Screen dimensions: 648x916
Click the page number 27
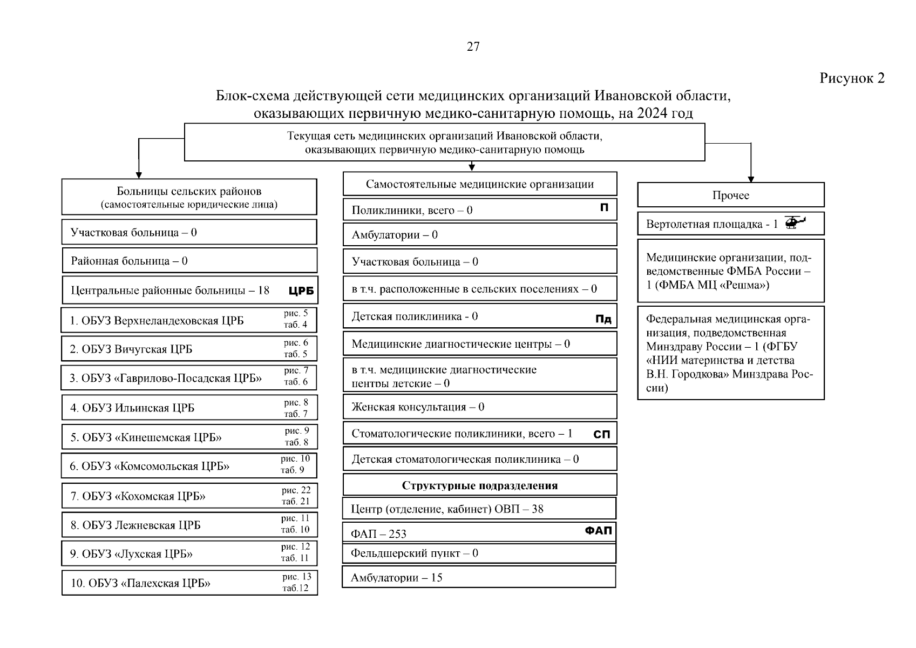coord(473,47)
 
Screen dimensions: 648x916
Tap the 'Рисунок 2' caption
coord(852,78)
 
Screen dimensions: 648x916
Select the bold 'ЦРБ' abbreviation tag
coord(301,291)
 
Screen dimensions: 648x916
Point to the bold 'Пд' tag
coord(603,319)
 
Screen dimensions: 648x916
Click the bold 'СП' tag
coord(601,434)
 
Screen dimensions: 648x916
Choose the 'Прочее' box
coord(730,195)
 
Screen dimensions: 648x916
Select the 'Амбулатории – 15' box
coord(478,577)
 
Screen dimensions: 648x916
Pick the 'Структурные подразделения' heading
coord(479,485)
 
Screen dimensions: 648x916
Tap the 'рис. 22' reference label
coord(296,490)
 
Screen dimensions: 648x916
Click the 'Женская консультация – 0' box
coord(479,407)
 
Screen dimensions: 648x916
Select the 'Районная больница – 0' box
coord(189,261)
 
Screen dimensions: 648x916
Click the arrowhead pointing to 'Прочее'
coord(750,179)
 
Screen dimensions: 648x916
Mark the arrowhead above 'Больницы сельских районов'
coord(139,175)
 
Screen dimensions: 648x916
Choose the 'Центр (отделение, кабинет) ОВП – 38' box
coord(478,509)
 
